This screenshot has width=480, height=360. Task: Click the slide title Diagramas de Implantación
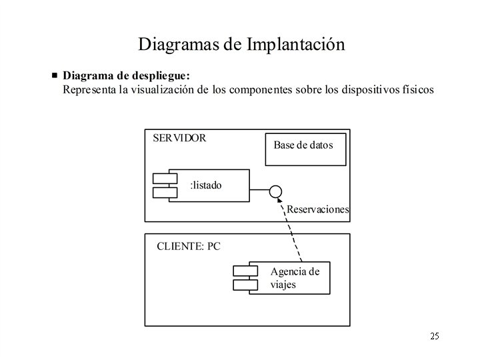pos(241,45)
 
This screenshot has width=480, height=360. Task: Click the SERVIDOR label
pos(179,139)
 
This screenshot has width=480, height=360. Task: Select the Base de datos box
pos(305,150)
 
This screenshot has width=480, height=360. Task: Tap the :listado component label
pos(206,185)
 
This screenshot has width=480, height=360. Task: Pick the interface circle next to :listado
pos(275,192)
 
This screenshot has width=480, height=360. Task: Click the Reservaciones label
pos(318,209)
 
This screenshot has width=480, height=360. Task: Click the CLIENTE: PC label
pos(189,246)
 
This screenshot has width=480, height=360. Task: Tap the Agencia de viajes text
pos(294,278)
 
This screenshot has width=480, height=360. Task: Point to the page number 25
pos(435,335)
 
